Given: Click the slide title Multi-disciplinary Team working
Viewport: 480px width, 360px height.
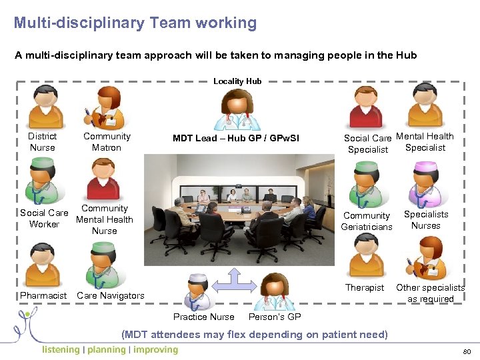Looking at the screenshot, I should [x=135, y=23].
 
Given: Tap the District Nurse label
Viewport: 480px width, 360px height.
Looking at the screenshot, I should [x=43, y=142].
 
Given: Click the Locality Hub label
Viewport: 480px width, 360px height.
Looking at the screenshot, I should [x=237, y=81].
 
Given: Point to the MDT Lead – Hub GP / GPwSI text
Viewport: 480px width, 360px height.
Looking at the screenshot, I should [x=236, y=139].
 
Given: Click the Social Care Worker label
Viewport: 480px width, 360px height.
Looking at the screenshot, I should [x=44, y=219].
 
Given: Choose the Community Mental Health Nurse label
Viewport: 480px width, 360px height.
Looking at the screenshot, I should [x=105, y=219].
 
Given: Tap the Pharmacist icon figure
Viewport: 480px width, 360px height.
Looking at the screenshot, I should [x=42, y=265].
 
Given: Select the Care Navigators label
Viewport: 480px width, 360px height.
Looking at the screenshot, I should [x=111, y=295].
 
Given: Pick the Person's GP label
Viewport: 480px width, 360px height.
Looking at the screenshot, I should [x=275, y=317].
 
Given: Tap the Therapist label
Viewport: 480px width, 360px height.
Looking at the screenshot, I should [x=365, y=288].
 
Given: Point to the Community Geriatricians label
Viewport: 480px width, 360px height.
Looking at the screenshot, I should [x=367, y=221].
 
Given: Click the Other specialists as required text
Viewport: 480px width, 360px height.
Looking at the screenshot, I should [x=430, y=293].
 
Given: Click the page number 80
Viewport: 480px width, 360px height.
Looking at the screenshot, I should [x=465, y=351].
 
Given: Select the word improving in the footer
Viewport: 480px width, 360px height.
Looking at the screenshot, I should [x=156, y=350].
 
